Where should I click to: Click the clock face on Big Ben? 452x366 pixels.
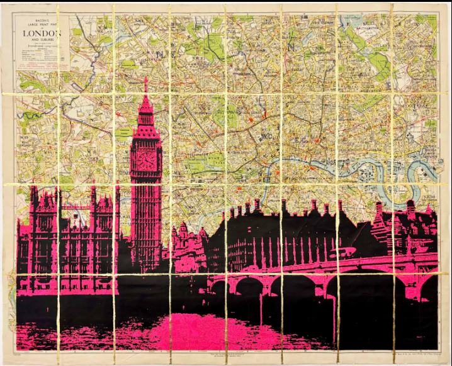point(146,160)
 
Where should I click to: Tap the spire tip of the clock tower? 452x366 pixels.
point(146,82)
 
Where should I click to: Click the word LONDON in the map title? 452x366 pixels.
point(42,33)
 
